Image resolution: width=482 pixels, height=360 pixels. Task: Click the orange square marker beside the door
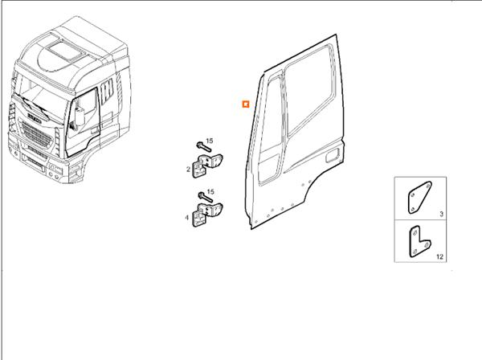pyautogui.click(x=246, y=104)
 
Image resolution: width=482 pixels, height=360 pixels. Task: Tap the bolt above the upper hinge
pyautogui.click(x=199, y=146)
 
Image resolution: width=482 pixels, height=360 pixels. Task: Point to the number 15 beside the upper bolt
pyautogui.click(x=210, y=142)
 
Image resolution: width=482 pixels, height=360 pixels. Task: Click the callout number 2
pyautogui.click(x=188, y=170)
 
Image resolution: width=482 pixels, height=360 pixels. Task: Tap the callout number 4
pyautogui.click(x=188, y=217)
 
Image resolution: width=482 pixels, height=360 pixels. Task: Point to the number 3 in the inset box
pyautogui.click(x=441, y=215)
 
